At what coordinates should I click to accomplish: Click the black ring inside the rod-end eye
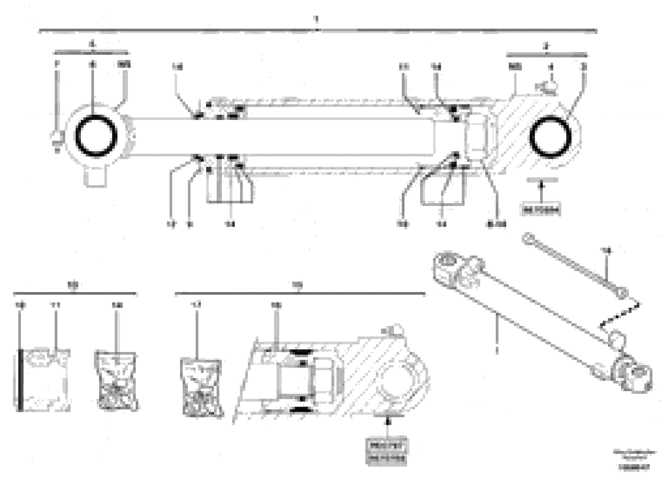(96, 136)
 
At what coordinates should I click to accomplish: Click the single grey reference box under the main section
(541, 210)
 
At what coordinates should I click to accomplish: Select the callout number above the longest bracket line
(316, 19)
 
